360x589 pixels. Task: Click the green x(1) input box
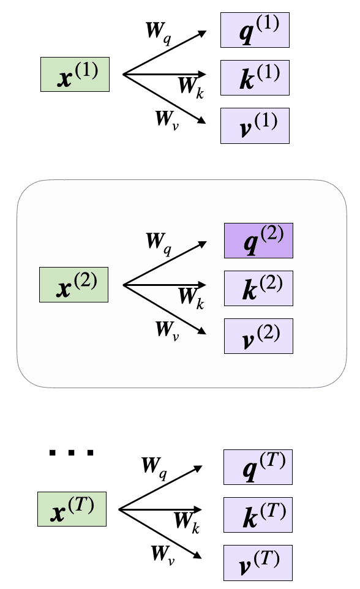75,74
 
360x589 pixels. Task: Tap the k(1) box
254,78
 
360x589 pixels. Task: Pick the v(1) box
254,126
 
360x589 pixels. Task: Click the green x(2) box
73,285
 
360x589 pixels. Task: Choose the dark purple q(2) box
258,240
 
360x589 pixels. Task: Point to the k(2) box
258,288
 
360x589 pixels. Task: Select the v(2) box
258,336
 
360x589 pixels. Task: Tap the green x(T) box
72,509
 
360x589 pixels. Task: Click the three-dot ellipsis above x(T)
72,454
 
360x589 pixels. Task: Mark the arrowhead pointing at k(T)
198,509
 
